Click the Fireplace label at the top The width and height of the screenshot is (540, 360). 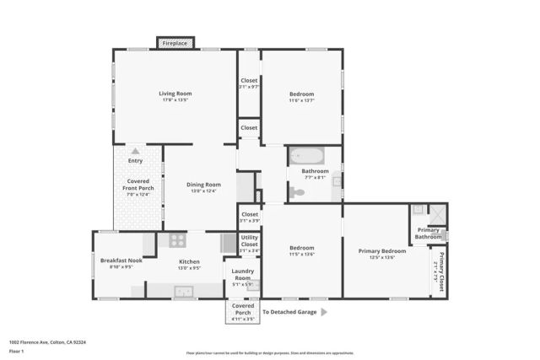(175, 42)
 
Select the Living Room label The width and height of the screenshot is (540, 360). (175, 94)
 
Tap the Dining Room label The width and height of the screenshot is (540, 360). (203, 185)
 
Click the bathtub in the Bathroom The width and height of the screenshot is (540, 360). (306, 156)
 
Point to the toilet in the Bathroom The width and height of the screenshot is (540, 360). (296, 193)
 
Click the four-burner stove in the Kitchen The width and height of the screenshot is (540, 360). (177, 240)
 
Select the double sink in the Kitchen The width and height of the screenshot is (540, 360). (185, 292)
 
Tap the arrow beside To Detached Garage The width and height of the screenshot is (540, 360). (323, 312)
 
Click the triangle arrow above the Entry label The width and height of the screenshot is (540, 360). (135, 151)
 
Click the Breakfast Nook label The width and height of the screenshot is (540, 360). (121, 261)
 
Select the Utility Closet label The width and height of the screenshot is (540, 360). (249, 241)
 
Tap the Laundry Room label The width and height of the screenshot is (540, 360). (242, 275)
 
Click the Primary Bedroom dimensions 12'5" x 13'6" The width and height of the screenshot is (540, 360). (381, 258)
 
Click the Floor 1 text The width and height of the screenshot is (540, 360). (16, 351)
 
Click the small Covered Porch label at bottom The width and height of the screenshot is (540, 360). (242, 309)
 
